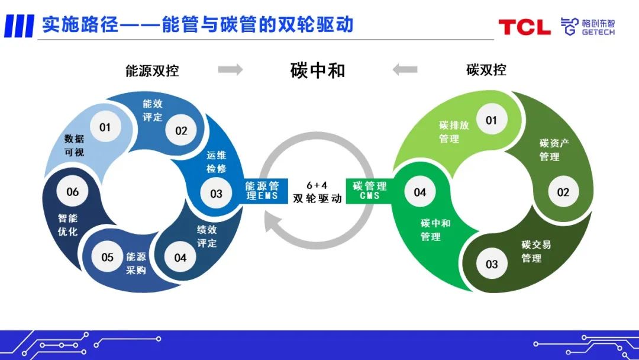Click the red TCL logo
524,27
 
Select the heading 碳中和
318,70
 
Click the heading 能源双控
152,71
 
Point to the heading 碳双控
486,70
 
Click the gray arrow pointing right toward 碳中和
230,70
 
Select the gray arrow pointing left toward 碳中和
405,70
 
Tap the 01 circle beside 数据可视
105,127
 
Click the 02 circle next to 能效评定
180,130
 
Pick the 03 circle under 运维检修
216,193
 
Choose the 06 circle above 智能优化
72,192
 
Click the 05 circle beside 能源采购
107,257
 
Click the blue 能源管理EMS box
262,191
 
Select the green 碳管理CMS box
370,191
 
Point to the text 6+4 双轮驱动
317,192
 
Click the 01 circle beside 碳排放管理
491,121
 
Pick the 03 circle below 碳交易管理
492,264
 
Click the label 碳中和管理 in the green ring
435,230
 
